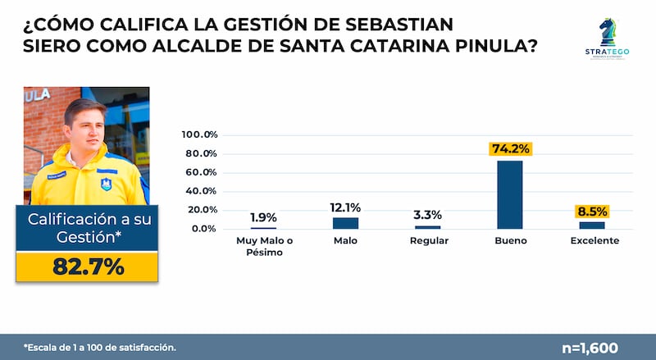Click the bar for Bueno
(x=509, y=194)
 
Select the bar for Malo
(x=345, y=223)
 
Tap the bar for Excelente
(x=591, y=225)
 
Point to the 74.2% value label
(x=510, y=148)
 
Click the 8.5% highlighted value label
(x=592, y=210)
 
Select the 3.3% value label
(x=427, y=215)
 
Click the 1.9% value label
(x=263, y=217)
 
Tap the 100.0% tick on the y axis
(x=198, y=134)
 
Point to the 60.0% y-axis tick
(x=200, y=172)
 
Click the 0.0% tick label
(x=203, y=229)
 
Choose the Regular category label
(x=427, y=241)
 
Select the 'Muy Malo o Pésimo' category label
(x=263, y=247)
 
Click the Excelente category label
(x=594, y=241)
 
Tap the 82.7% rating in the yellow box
(x=87, y=267)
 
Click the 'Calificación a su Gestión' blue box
(x=87, y=228)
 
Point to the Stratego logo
(x=608, y=39)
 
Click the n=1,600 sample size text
(x=590, y=348)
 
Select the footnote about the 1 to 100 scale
(x=99, y=348)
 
